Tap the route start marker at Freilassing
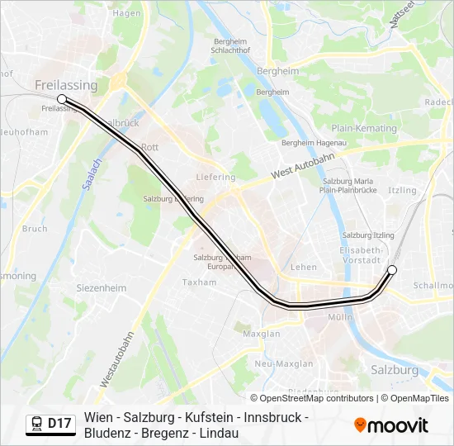coord(62,99)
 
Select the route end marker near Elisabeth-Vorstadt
coord(392,270)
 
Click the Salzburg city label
coord(395,370)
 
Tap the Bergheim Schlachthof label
coord(231,46)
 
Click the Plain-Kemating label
coord(363,128)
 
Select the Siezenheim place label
coord(102,288)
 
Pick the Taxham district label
coord(200,282)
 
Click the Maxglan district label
coord(262,334)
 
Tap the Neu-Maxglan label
coord(284,363)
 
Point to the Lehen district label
coord(304,267)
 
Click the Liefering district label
coord(216,177)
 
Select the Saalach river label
coord(90,175)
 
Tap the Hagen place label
coord(126,14)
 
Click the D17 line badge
coord(59,424)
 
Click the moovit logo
coord(391,425)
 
